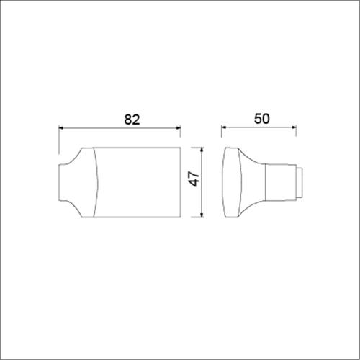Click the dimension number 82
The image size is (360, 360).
[x=131, y=120]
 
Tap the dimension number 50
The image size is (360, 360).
[x=262, y=120]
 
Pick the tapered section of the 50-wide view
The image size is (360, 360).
[x=253, y=182]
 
